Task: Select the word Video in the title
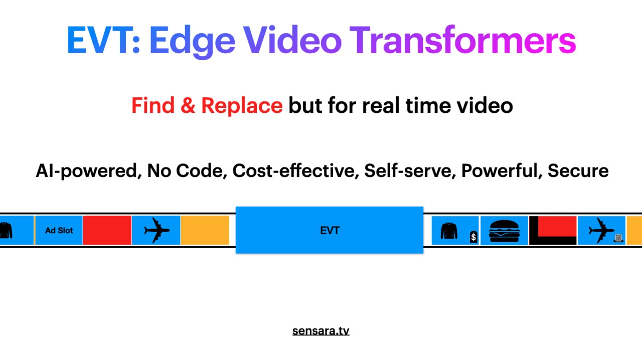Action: click(293, 41)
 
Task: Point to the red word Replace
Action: click(242, 106)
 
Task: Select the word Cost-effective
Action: click(295, 171)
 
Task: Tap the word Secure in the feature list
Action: click(578, 171)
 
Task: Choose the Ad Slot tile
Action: click(59, 231)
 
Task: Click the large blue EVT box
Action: click(330, 230)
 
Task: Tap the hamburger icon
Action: click(504, 231)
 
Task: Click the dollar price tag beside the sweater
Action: click(473, 237)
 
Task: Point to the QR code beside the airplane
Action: click(619, 238)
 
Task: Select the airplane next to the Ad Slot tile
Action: click(156, 231)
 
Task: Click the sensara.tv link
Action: click(320, 331)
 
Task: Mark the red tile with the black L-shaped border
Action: click(553, 231)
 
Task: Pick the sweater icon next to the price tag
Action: click(449, 231)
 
